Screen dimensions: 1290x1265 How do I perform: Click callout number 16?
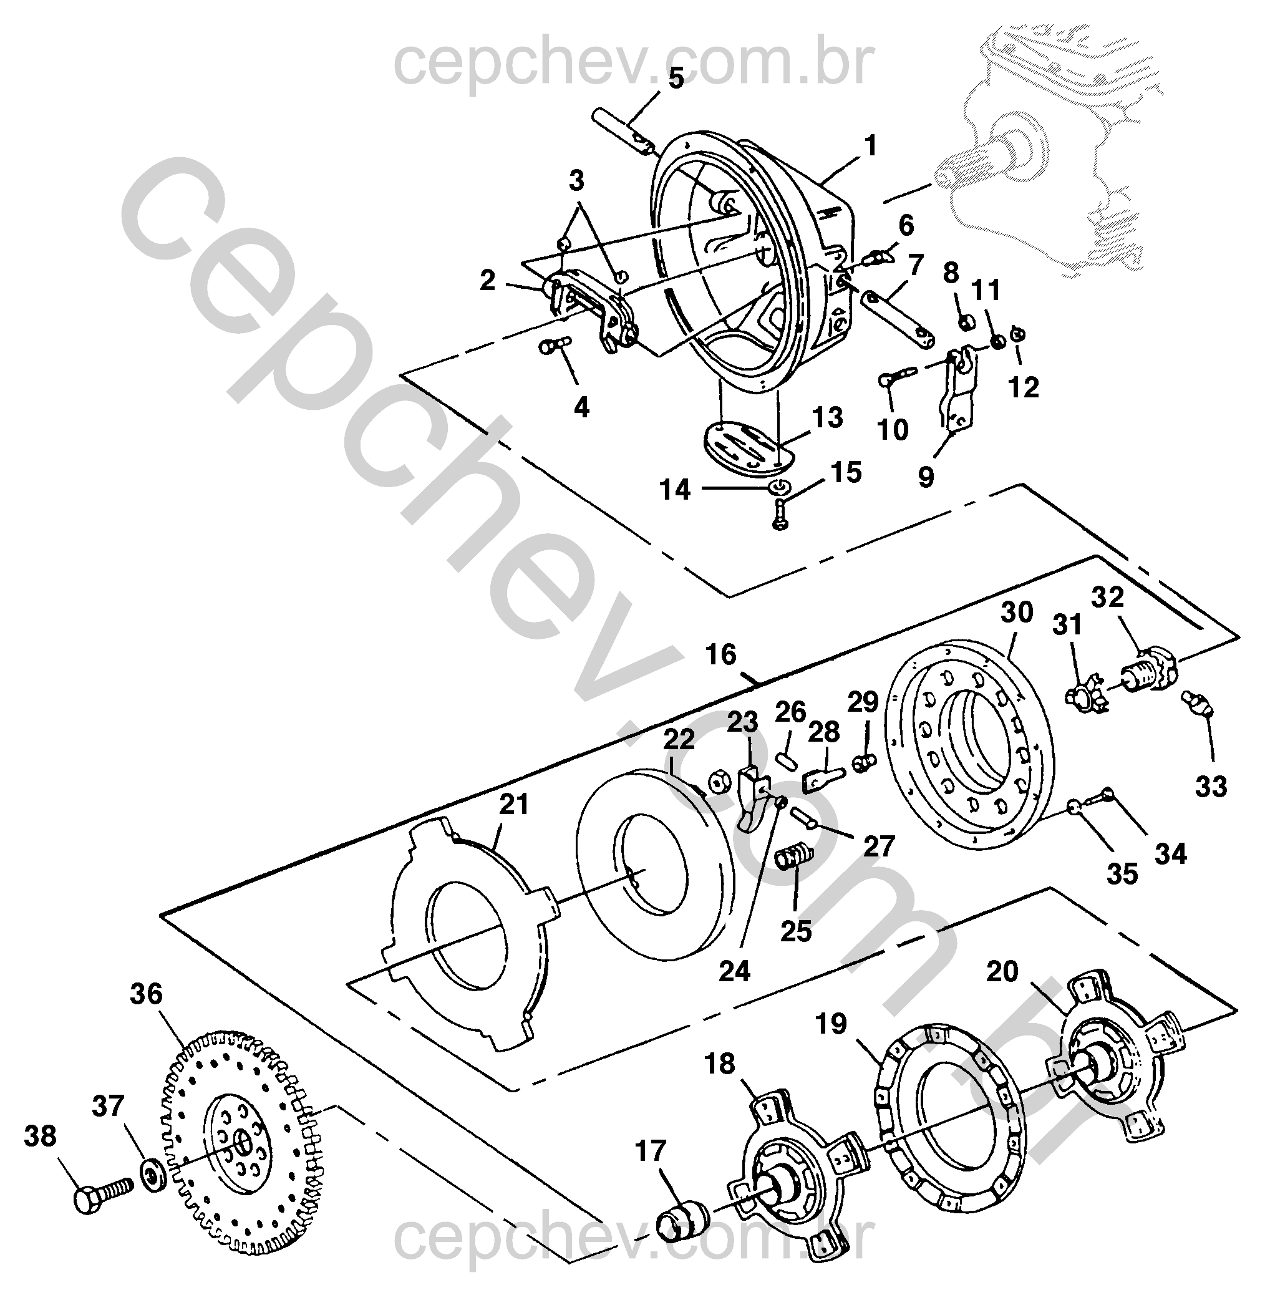tap(722, 655)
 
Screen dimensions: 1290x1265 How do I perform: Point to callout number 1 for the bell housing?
tap(870, 146)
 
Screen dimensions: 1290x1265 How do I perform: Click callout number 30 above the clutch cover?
tap(1017, 612)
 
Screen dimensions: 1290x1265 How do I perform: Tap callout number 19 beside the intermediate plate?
tap(831, 1024)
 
